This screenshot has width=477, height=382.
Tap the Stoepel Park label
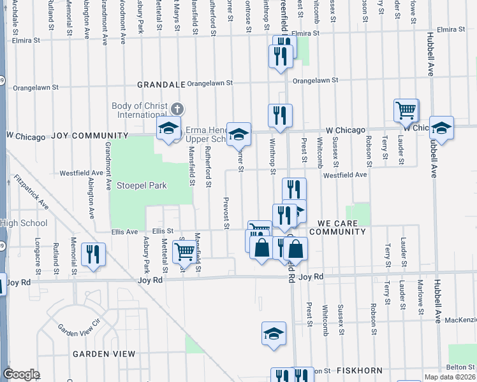[141, 186]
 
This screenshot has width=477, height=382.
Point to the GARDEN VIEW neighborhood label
[104, 353]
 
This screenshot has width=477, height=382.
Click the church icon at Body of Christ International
[177, 109]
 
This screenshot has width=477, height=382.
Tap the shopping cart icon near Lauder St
[406, 111]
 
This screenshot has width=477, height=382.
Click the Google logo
[21, 374]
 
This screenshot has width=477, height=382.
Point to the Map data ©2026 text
[450, 378]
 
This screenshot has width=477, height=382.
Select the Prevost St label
[226, 212]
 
